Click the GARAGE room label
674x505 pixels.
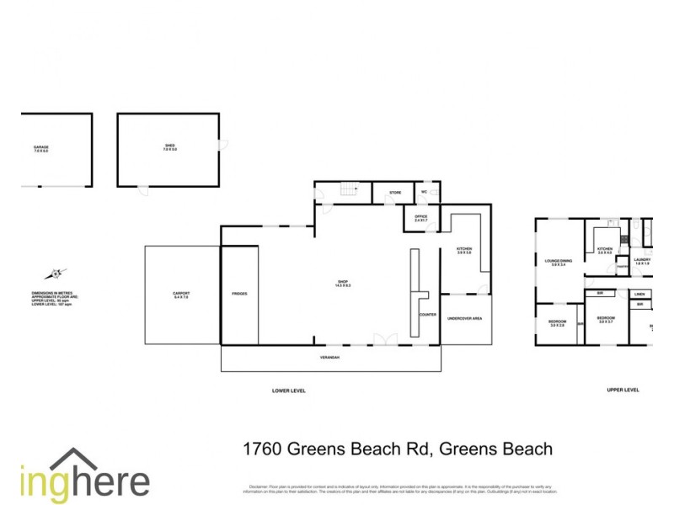click(x=40, y=149)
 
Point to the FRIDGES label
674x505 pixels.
click(x=239, y=294)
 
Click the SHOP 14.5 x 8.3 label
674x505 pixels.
click(x=343, y=284)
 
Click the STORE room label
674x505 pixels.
click(x=395, y=193)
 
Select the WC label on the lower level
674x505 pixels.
click(x=425, y=193)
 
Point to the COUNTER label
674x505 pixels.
click(x=427, y=315)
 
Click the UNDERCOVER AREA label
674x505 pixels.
click(x=464, y=319)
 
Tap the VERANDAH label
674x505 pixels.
click(x=330, y=358)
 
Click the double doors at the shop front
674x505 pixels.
click(x=386, y=339)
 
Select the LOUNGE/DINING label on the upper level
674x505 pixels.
click(x=559, y=262)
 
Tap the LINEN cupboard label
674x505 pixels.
click(x=639, y=294)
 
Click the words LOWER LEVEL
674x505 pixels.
click(x=289, y=391)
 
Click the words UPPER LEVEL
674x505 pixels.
click(x=623, y=391)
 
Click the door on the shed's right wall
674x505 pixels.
click(x=222, y=145)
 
